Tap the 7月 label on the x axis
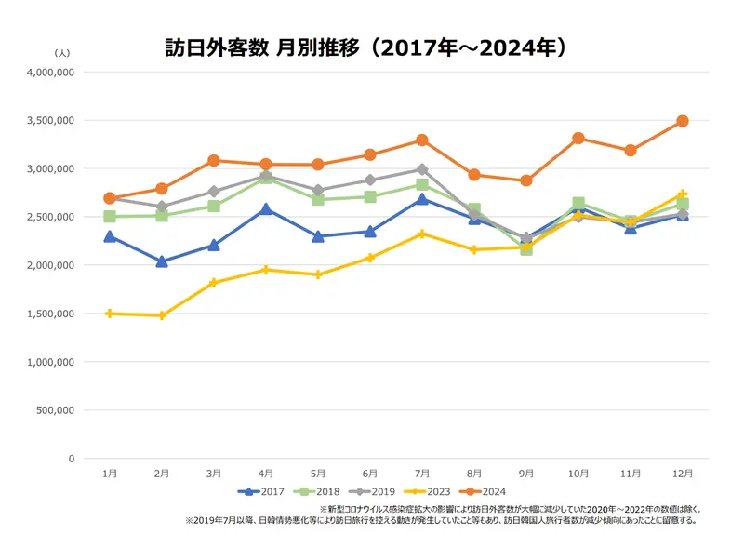[422, 474]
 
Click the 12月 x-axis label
[683, 474]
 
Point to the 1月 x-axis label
[110, 474]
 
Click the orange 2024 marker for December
[683, 121]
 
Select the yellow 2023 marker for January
[110, 314]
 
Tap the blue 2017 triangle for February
[162, 261]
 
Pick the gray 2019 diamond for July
[422, 169]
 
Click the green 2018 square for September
[526, 249]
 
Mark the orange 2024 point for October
[578, 139]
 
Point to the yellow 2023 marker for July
[422, 234]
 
